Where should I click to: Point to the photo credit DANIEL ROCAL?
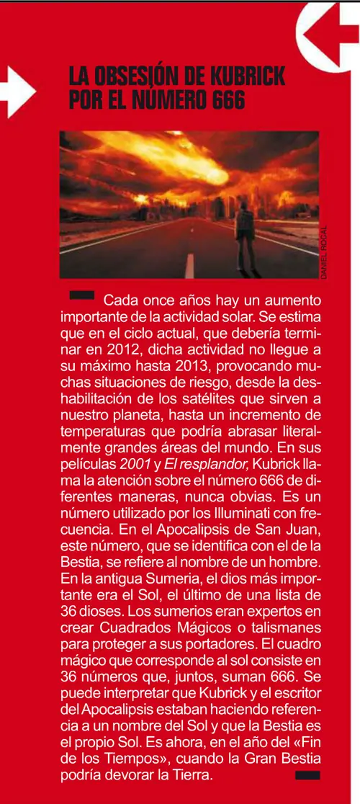pos(324,252)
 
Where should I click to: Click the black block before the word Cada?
pos(81,295)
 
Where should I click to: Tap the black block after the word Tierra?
pos(307,774)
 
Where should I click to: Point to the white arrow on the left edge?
pos(18,90)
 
